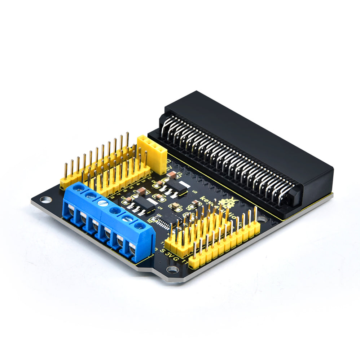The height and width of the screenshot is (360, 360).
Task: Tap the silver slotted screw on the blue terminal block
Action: click(x=102, y=202)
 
